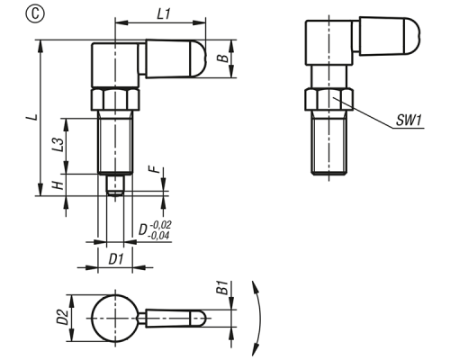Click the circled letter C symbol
click(35, 14)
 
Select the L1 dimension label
click(164, 14)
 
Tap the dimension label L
click(34, 117)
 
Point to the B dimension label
click(223, 58)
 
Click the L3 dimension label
click(59, 145)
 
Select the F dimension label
click(155, 169)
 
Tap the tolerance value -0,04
click(158, 236)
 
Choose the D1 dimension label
click(115, 259)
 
